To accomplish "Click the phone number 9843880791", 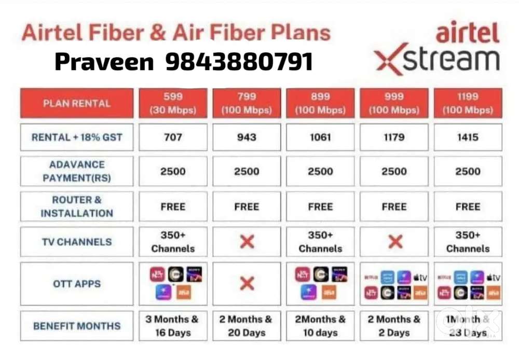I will tap(239, 62).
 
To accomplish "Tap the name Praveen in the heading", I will tap(104, 62).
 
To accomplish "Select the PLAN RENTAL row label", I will tap(77, 103).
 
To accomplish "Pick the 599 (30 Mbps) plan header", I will tap(173, 103).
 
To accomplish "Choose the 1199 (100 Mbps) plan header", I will tap(468, 103).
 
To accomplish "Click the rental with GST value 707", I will tap(173, 137).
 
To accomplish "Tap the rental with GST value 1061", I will tap(320, 137).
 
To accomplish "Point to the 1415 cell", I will tap(468, 137).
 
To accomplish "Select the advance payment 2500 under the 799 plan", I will tap(247, 172).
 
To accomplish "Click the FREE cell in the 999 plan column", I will tap(394, 206).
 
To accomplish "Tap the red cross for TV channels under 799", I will tap(247, 242).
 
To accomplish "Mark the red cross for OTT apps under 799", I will tap(247, 283).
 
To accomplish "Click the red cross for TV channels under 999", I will tap(394, 242).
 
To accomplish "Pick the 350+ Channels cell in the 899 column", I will tap(320, 242).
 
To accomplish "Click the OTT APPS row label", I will tap(77, 284).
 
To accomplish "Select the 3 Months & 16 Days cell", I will tap(173, 326).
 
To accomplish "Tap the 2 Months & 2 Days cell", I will tap(394, 326).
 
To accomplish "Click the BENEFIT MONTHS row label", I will tap(77, 326).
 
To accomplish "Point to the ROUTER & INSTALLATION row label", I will tap(77, 206).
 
